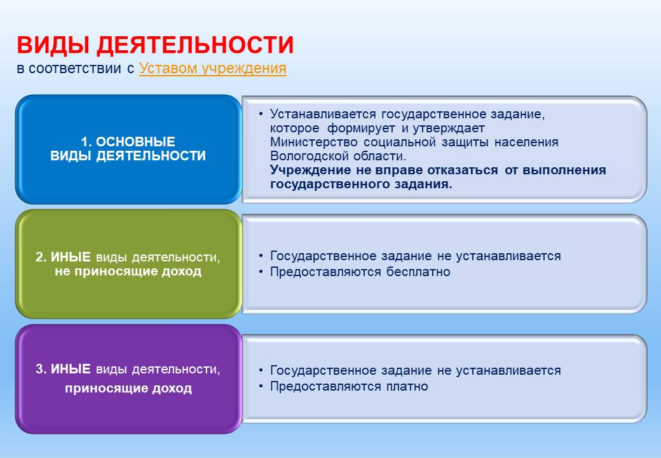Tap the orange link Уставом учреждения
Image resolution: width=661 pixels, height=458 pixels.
pos(213,68)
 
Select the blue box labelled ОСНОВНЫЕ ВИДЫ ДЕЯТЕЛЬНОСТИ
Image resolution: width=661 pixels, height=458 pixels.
pos(128,149)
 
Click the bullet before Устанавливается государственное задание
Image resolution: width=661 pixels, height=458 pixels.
pos(261,114)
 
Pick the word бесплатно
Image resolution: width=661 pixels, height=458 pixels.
pos(418,272)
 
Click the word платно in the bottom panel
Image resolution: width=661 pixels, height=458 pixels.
pos(407,386)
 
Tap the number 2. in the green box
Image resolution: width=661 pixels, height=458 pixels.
pos(41,257)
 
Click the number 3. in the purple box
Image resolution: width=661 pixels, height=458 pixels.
pos(41,369)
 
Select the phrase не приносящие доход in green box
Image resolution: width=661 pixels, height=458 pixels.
pos(128,271)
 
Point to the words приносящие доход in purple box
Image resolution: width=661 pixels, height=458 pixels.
pos(128,389)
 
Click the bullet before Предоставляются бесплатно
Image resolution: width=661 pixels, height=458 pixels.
pos(261,272)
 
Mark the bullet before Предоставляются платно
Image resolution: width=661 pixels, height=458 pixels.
pos(261,386)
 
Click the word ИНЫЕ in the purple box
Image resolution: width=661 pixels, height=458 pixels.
pos(71,369)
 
